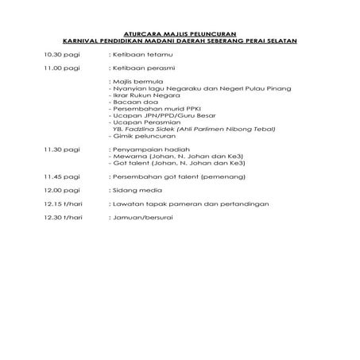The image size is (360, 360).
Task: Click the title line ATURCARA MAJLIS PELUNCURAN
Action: pos(179,33)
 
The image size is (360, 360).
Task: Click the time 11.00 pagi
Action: pos(63,68)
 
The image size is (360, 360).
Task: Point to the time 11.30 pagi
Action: pos(63,149)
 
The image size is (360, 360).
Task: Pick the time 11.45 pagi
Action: pos(63,176)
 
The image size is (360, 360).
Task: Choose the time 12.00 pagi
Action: pos(63,189)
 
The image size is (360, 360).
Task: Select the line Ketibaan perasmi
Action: pos(137,68)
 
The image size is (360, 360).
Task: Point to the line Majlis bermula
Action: pos(133,82)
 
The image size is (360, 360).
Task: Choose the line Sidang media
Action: pos(133,189)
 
